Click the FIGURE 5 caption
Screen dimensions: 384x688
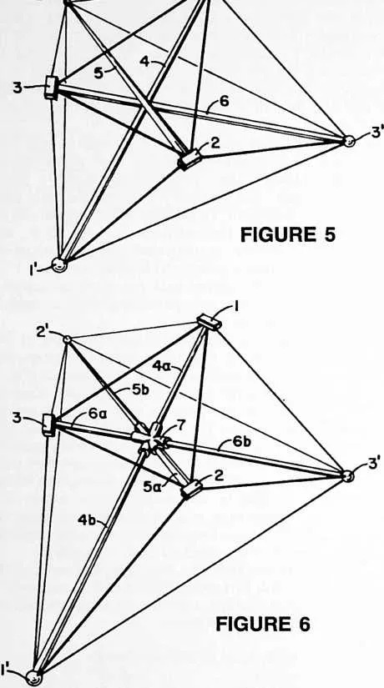tap(288, 234)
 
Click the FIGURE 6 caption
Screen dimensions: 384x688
tap(263, 624)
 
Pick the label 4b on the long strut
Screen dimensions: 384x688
tap(87, 520)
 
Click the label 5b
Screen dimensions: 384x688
tap(141, 390)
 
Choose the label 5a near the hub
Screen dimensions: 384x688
tap(152, 486)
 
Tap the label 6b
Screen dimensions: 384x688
tap(242, 442)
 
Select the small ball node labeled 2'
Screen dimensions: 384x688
tap(67, 339)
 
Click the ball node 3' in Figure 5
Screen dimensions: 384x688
tap(348, 141)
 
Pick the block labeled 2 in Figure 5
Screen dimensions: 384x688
tap(189, 158)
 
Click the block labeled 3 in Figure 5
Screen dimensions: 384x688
tap(52, 88)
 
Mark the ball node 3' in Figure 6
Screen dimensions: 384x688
tap(347, 475)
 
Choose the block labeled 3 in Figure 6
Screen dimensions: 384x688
tap(49, 424)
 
